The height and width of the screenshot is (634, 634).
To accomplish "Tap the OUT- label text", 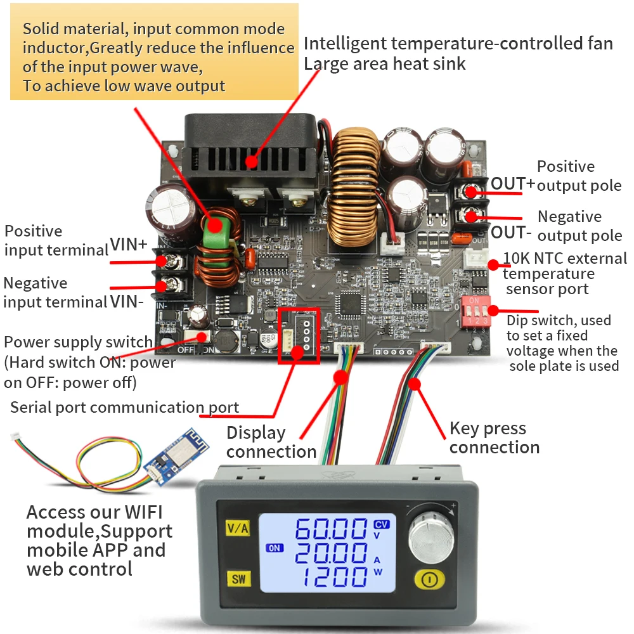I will (511, 232).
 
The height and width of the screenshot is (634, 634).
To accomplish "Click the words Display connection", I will (271, 442).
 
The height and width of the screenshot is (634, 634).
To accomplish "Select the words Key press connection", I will (494, 437).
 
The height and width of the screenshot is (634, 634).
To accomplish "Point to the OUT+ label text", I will (513, 183).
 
